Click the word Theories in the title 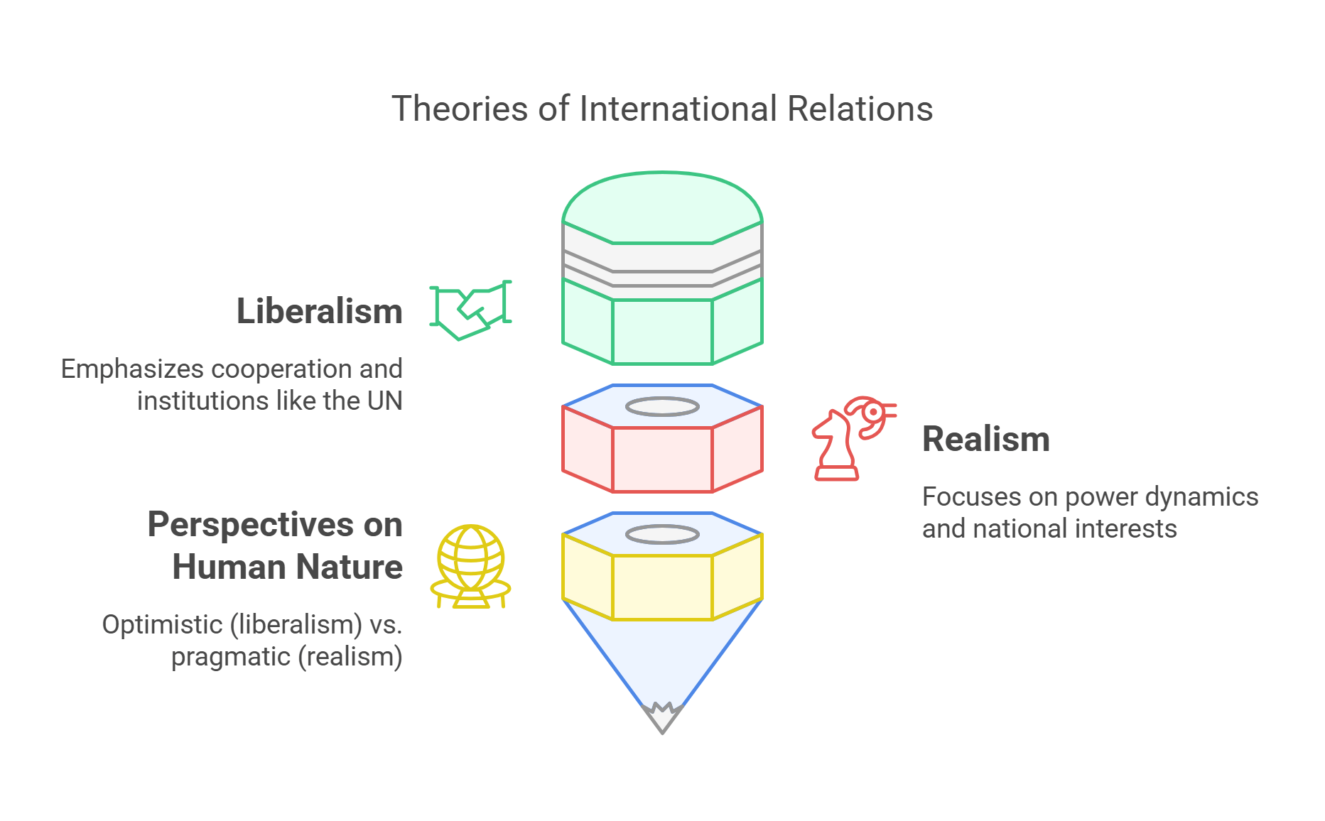pos(459,109)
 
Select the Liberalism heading pos(319,311)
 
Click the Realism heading pos(985,439)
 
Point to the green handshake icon pos(470,310)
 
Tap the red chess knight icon pos(853,438)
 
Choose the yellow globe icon pos(470,566)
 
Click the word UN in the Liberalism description pos(384,401)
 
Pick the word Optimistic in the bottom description pos(162,625)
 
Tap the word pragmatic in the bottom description pos(231,657)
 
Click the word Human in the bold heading pos(230,567)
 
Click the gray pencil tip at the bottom pos(662,719)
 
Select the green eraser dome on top pos(662,206)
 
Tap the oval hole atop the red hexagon pos(662,407)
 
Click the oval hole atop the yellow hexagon pos(662,535)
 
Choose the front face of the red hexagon pos(662,460)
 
